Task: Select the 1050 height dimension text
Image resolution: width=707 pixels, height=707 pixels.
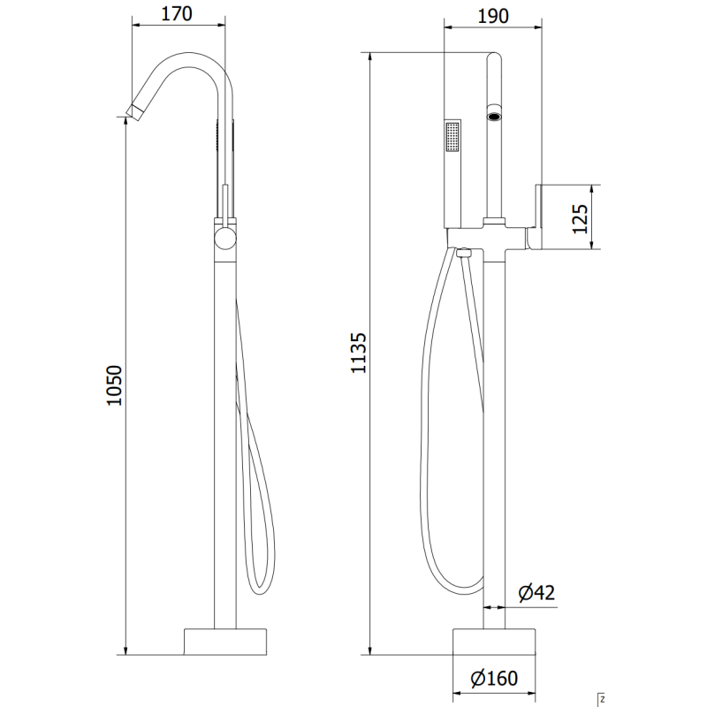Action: coord(112,386)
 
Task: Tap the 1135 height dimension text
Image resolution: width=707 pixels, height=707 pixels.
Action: coord(358,353)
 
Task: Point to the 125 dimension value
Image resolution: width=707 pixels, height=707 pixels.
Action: coord(580,217)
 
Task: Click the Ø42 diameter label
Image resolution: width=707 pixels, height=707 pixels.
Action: coord(536,593)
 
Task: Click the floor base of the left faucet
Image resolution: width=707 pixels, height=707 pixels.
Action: coord(225,640)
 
